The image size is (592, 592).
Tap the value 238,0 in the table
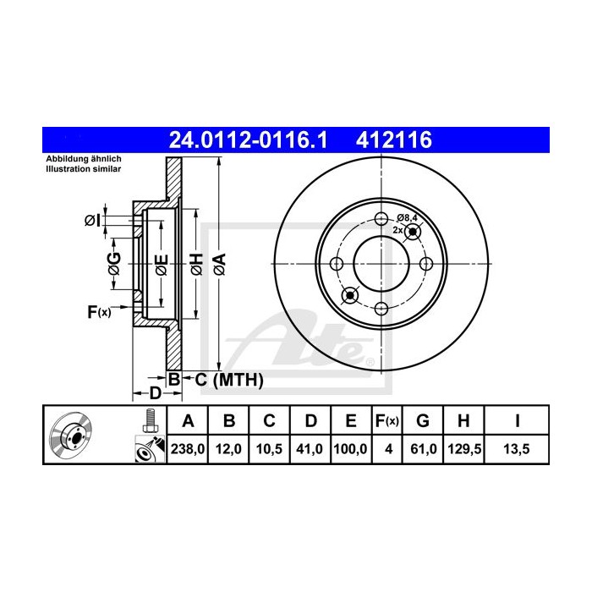point(189,450)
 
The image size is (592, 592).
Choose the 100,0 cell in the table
point(350,450)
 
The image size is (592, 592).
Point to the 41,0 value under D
point(310,450)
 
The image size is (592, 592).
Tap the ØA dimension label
point(218,263)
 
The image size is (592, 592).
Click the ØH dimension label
point(195,263)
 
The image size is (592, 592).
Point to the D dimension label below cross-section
point(155,393)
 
